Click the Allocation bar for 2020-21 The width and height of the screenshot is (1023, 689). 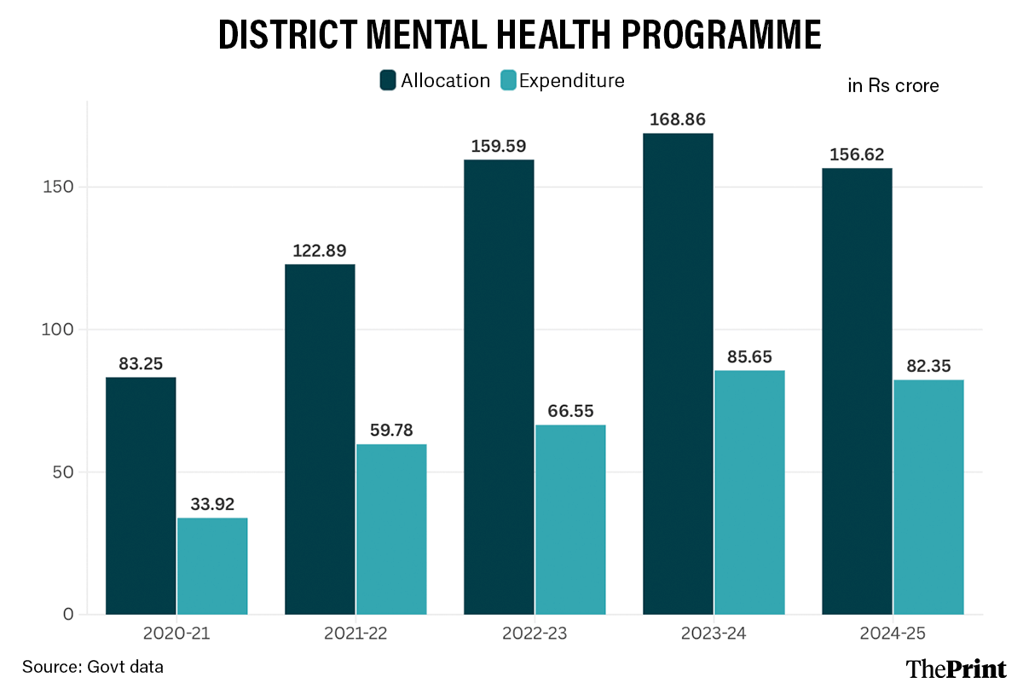click(x=141, y=495)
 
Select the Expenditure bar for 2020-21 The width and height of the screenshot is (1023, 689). click(x=212, y=565)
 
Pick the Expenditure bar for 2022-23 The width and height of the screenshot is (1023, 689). click(x=570, y=519)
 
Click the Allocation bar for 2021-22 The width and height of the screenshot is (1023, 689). click(x=320, y=439)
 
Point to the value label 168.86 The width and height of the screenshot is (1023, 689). click(x=678, y=119)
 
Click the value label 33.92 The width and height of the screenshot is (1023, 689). click(x=212, y=504)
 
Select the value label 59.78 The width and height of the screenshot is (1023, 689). click(x=391, y=430)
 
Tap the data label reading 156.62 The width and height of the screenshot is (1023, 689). click(x=857, y=154)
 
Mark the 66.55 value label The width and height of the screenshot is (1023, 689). click(x=570, y=411)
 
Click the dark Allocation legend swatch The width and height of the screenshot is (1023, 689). click(x=388, y=81)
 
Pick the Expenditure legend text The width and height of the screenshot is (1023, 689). click(x=571, y=81)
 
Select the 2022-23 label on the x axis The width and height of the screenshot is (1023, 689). click(x=535, y=634)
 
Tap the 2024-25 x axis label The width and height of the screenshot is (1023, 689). click(x=893, y=634)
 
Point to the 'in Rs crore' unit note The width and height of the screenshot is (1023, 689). click(x=893, y=85)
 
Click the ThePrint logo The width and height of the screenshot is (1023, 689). click(x=956, y=668)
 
